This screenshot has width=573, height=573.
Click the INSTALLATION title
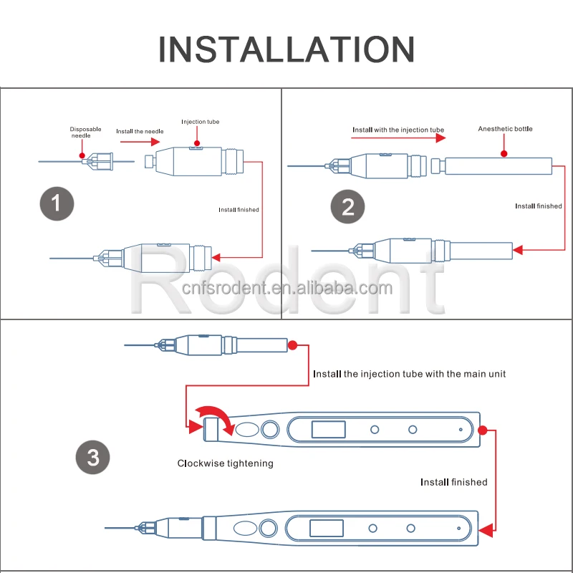click(x=286, y=48)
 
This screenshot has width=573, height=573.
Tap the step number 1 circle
click(x=56, y=204)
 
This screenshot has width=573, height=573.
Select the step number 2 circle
click(x=348, y=207)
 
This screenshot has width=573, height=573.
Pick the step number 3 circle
click(x=93, y=458)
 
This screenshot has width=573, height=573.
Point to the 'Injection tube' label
click(x=200, y=122)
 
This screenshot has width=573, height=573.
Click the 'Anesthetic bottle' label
click(x=505, y=129)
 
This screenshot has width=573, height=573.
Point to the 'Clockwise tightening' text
click(x=225, y=463)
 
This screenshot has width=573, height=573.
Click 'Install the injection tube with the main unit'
click(x=409, y=374)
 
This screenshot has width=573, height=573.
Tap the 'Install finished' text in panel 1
click(x=239, y=209)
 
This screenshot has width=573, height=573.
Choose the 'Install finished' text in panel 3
click(x=453, y=482)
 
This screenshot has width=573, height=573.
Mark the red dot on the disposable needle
click(x=82, y=154)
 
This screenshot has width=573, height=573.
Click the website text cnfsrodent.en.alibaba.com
click(x=286, y=289)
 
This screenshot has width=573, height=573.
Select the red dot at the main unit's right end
click(x=483, y=430)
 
